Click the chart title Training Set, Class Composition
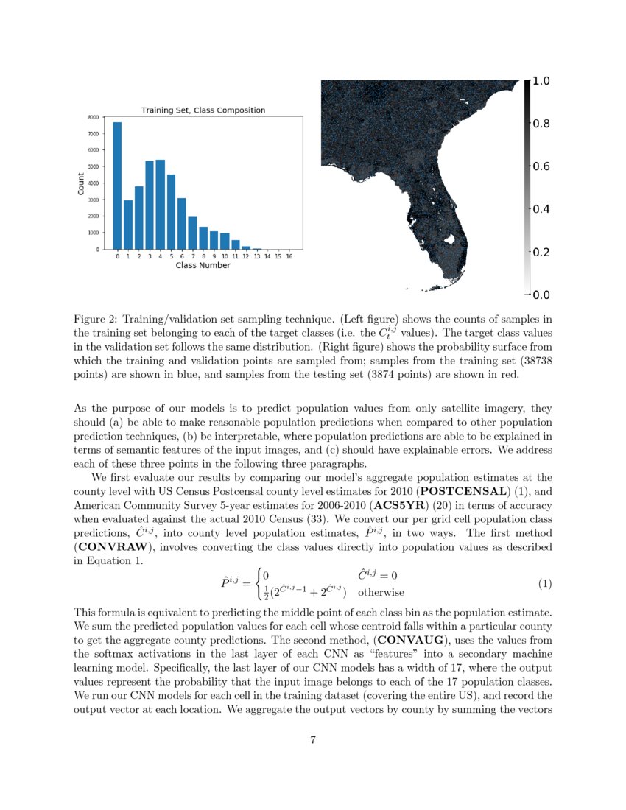pos(203,110)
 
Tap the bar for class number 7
pos(192,233)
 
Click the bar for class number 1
pos(128,225)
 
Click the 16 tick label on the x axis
pos(289,257)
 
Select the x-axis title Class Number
pos(203,265)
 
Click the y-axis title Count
pos(81,183)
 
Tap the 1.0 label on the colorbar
pos(541,82)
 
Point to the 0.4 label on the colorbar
pos(541,210)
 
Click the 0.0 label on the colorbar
pos(541,295)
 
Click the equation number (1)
pos(544,583)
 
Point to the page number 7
pos(313,740)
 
